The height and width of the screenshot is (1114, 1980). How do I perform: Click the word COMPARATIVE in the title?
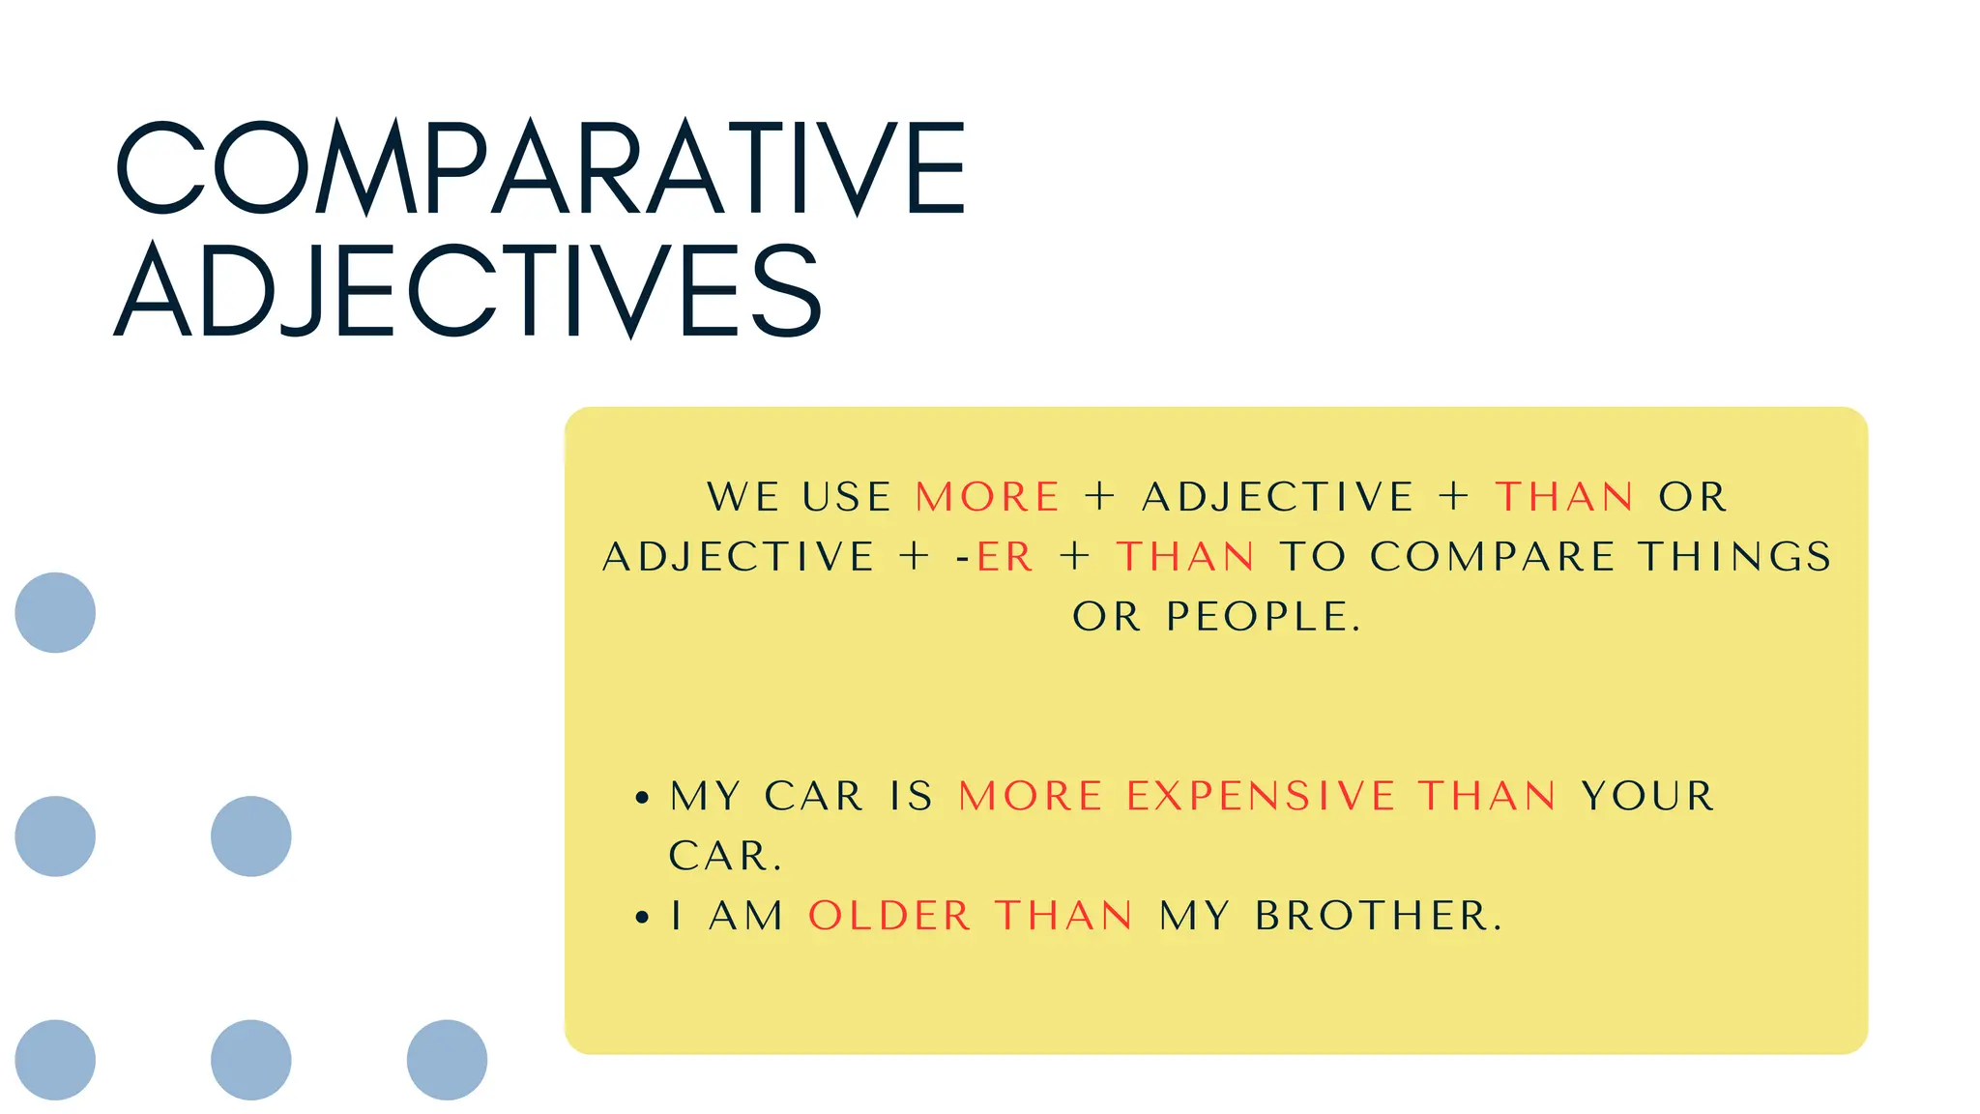tap(541, 167)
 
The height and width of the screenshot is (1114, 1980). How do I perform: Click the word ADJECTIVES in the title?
tap(468, 290)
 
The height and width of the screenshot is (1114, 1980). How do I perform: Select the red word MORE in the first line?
tap(987, 497)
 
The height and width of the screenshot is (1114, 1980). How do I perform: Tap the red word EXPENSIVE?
tap(1261, 796)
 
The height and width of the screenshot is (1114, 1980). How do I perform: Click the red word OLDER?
tap(889, 915)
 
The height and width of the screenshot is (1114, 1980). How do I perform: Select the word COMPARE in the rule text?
tap(1492, 556)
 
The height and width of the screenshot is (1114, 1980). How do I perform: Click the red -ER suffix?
tap(1004, 556)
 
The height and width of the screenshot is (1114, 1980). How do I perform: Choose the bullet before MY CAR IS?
tap(642, 798)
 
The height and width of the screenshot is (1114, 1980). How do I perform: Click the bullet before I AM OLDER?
tap(642, 917)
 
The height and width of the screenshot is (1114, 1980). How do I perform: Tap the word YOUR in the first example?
tap(1647, 796)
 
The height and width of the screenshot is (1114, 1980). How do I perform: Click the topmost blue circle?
tap(55, 612)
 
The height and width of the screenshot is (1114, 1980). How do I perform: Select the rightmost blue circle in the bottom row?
tap(447, 1059)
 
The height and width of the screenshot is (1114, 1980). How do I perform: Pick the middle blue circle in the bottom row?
tap(250, 1059)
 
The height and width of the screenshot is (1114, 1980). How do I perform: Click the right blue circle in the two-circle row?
tap(250, 835)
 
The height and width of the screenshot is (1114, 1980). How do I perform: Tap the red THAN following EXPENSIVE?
tap(1487, 796)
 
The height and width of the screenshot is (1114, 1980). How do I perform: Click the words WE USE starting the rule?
tap(799, 497)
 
